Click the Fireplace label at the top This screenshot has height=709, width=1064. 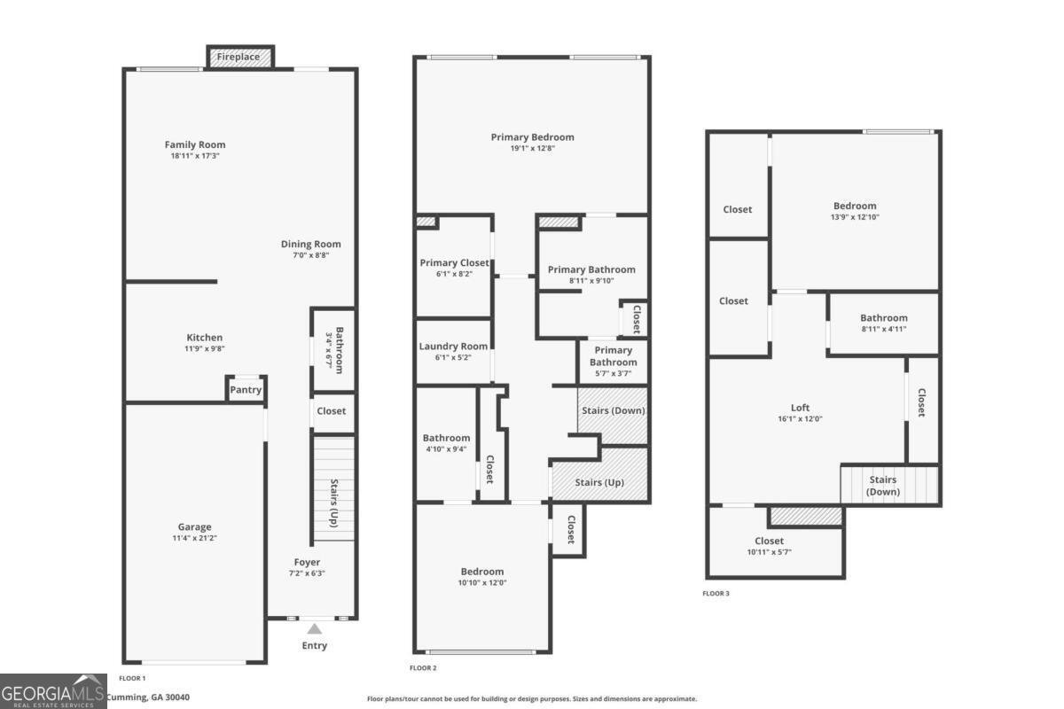(239, 57)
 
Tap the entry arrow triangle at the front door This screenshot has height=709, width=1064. (314, 628)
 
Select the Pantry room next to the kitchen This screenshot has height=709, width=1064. (246, 389)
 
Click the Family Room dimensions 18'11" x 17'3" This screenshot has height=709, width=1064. (195, 156)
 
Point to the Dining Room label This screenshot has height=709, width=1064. (310, 244)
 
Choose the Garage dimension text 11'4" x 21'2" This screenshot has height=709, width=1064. (194, 538)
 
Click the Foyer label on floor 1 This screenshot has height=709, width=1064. (307, 562)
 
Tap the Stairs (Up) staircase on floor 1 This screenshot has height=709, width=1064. (333, 488)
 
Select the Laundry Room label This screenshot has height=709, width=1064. (453, 347)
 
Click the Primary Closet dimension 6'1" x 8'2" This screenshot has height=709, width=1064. (454, 274)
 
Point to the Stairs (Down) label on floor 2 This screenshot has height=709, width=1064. (614, 410)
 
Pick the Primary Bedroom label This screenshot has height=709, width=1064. (533, 137)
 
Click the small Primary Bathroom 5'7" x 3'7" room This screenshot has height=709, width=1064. (614, 362)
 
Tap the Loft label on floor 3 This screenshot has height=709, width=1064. (800, 408)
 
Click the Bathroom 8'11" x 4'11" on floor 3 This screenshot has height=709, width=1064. (883, 323)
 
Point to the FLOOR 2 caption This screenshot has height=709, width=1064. (423, 667)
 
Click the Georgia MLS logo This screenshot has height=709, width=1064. (53, 691)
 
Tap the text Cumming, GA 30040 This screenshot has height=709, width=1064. (148, 697)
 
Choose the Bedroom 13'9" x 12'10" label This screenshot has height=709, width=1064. (855, 206)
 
